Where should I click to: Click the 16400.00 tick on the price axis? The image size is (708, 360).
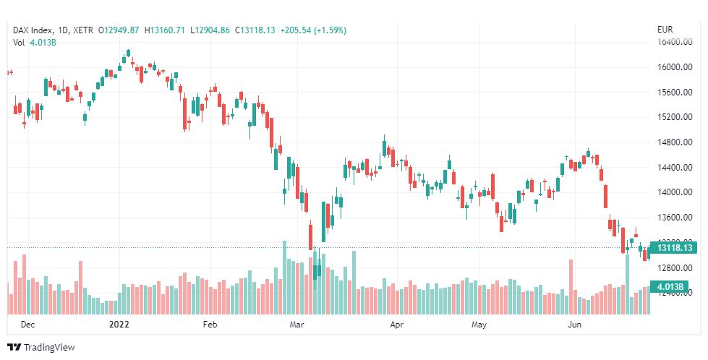[675, 42]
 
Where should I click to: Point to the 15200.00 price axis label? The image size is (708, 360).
[675, 117]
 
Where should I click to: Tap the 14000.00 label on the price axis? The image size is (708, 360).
[675, 192]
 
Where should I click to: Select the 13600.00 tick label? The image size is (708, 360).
[675, 218]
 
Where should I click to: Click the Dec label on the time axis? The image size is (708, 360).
[27, 325]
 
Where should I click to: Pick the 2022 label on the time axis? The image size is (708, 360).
[119, 325]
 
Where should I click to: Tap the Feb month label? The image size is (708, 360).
[210, 325]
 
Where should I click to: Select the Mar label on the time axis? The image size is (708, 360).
[297, 325]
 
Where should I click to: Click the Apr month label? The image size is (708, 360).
[396, 325]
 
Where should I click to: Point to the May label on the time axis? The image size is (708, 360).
[478, 325]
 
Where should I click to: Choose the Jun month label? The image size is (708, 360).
[575, 325]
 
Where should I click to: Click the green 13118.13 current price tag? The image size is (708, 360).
[675, 248]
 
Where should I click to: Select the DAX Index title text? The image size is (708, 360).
[34, 30]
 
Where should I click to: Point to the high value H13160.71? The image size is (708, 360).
[165, 30]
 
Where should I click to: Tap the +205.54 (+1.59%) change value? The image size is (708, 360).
[313, 30]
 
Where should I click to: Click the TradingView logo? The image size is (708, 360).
[41, 347]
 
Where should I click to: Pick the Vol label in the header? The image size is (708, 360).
[19, 43]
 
